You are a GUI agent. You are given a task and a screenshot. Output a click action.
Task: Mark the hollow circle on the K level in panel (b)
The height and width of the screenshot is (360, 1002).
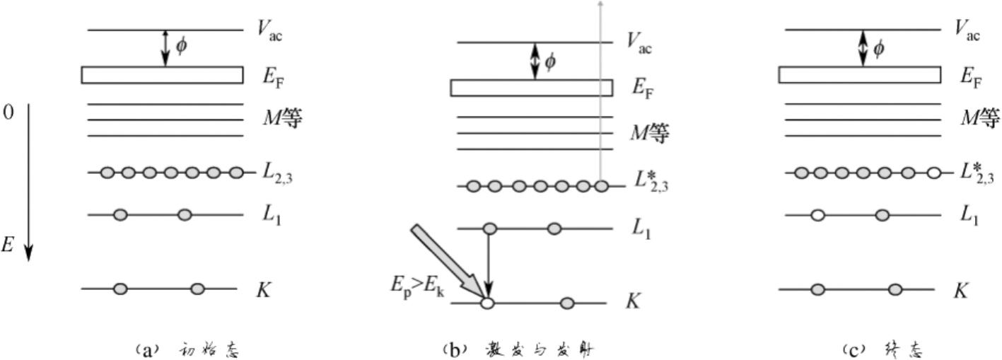click(x=487, y=303)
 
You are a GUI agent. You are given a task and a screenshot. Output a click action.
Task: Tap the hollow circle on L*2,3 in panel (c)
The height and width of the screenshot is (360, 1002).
click(x=933, y=173)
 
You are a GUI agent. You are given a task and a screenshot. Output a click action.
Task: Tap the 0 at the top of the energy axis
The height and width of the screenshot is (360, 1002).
click(x=8, y=113)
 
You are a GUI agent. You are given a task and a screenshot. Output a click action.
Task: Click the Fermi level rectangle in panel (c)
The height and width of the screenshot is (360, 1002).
click(x=859, y=75)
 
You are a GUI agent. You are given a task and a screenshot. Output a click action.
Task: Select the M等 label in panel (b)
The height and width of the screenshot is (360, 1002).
click(x=648, y=133)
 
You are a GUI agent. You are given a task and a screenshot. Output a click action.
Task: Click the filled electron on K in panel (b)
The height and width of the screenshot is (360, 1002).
click(x=566, y=303)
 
